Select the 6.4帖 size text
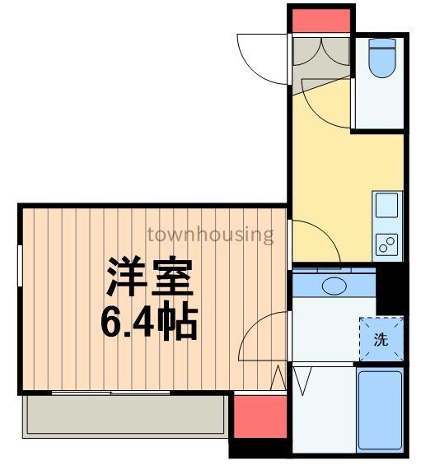(x=148, y=322)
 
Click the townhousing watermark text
(x=210, y=235)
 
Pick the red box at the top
(x=320, y=18)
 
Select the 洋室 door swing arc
(x=260, y=337)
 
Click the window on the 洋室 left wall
(x=21, y=263)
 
